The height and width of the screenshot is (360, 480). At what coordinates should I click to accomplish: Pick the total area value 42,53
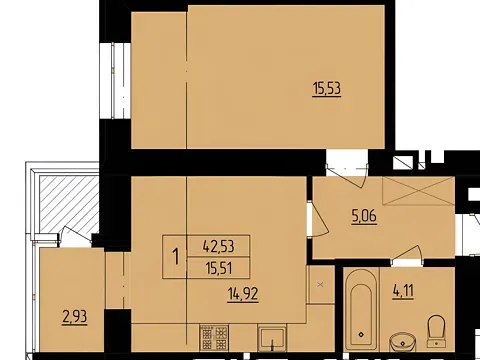[219, 244]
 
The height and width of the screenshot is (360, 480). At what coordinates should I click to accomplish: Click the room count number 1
[177, 255]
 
